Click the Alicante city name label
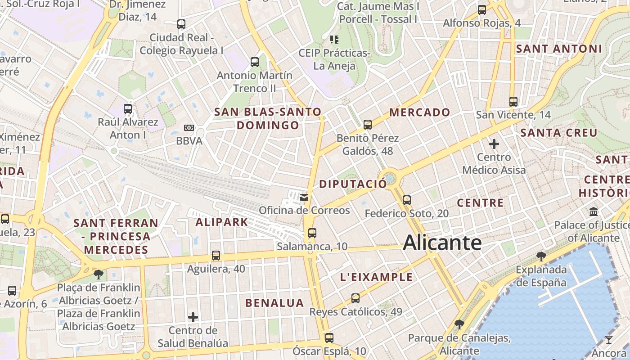442,243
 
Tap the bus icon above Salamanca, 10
312,233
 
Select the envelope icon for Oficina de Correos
305,197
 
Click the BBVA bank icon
189,128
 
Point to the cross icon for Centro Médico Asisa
494,144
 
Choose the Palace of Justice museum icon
593,211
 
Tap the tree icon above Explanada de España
541,256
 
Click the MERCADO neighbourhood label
419,112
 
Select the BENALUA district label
274,303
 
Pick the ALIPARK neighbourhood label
222,222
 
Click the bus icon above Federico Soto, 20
407,200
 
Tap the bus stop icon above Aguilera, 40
216,256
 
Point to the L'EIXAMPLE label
376,277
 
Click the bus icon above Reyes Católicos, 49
355,298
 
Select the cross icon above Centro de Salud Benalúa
193,317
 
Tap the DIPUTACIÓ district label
353,184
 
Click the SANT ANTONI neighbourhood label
558,49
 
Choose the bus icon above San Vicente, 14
513,101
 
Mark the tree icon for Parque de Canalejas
459,324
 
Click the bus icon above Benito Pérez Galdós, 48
368,125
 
